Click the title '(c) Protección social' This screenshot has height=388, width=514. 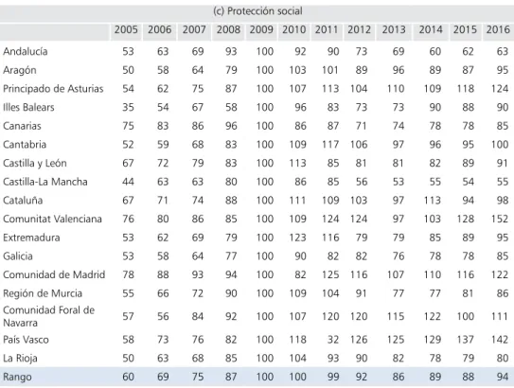click(257, 11)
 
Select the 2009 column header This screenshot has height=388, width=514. click(261, 30)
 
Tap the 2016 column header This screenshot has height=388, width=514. click(498, 30)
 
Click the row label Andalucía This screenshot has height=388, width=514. click(26, 51)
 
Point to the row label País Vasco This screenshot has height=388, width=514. click(26, 340)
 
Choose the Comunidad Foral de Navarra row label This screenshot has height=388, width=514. click(49, 316)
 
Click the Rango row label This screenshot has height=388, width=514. click(17, 377)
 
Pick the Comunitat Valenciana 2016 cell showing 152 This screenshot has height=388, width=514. click(500, 219)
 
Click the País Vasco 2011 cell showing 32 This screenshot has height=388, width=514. click(332, 340)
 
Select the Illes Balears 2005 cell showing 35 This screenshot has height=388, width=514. click(128, 107)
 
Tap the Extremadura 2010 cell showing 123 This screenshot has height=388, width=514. click(297, 238)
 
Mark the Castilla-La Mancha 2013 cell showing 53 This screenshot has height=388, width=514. click(399, 182)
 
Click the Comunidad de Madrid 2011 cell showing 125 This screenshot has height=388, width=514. click(330, 274)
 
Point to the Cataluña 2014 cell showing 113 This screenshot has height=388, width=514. click(433, 201)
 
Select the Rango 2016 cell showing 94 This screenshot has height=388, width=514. click(503, 377)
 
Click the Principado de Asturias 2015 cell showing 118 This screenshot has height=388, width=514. click(466, 88)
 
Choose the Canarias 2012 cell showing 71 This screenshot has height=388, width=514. click(361, 126)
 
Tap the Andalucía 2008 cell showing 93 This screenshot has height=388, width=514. click(231, 51)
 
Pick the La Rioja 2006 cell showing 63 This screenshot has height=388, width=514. click(163, 358)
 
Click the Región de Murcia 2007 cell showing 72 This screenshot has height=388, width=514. click(198, 293)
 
